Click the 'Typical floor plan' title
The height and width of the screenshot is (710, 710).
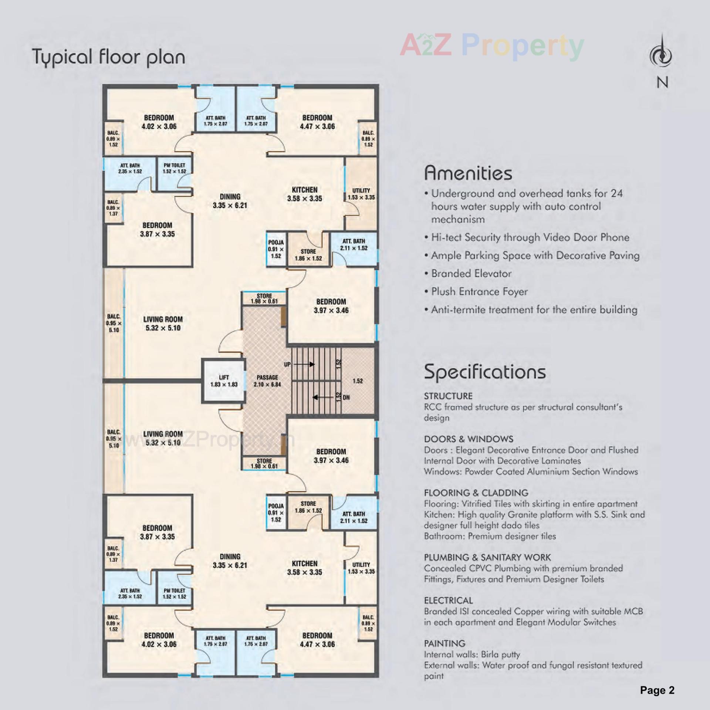(109, 57)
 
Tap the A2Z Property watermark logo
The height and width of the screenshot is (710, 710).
(492, 47)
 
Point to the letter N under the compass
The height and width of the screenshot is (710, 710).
(662, 82)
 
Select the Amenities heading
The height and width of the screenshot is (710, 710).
(468, 173)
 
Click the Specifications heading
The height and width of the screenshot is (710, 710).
(485, 371)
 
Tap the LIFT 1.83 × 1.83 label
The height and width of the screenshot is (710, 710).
(224, 381)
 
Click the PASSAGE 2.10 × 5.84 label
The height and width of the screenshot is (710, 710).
(267, 381)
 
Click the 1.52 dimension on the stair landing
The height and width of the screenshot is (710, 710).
(358, 381)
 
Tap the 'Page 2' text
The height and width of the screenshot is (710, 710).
(657, 690)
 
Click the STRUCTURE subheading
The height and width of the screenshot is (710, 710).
(448, 396)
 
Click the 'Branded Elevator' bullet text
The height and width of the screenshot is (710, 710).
(471, 274)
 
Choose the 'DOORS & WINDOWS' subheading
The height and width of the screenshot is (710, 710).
(469, 439)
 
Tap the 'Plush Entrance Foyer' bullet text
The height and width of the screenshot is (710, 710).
(479, 292)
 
